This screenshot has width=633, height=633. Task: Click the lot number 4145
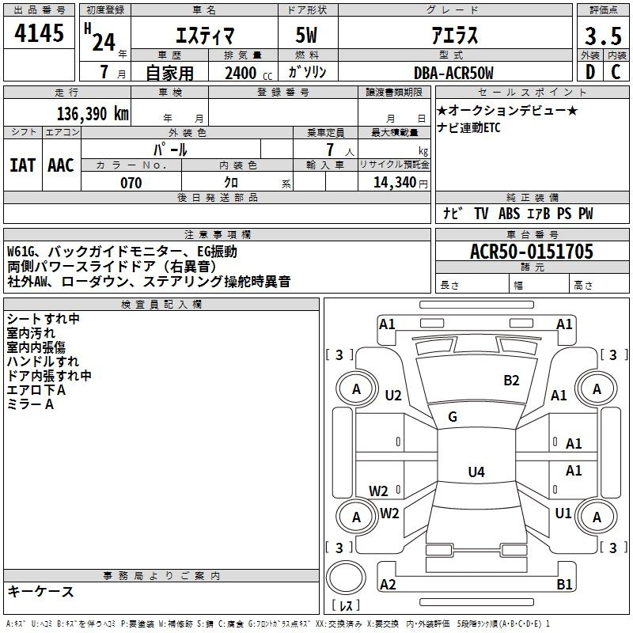[x=39, y=33]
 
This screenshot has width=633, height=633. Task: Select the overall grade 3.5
[x=603, y=36]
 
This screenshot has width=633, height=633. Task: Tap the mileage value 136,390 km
[x=93, y=114]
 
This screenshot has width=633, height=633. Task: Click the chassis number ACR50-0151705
[x=532, y=252]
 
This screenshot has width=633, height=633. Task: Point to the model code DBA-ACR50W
[x=453, y=73]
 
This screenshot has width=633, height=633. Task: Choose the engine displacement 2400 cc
[x=248, y=73]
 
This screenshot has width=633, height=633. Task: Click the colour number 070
[x=131, y=183]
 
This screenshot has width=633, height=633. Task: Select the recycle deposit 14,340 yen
[x=400, y=183]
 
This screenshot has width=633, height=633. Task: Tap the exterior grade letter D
[x=590, y=72]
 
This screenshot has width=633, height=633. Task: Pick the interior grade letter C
[x=616, y=72]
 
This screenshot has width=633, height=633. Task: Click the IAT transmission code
[x=22, y=165]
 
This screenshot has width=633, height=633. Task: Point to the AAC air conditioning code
[x=61, y=165]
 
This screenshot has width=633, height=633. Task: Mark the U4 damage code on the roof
[x=476, y=472]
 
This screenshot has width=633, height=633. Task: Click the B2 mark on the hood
[x=511, y=381]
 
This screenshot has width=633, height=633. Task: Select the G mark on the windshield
[x=453, y=417]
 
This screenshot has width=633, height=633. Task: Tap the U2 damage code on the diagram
[x=393, y=396]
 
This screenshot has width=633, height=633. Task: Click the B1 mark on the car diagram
[x=564, y=584]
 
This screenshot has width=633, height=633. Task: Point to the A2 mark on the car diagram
[x=388, y=584]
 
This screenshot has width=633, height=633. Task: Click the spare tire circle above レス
[x=346, y=578]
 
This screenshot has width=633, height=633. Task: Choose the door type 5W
[x=306, y=35]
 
